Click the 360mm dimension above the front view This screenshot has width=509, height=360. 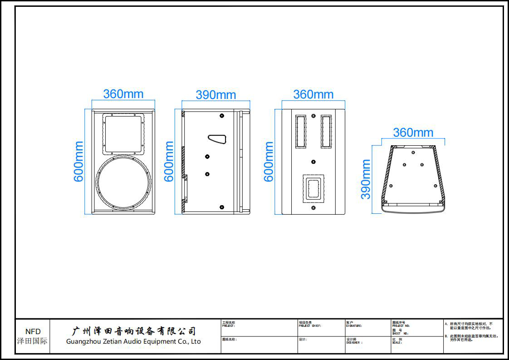click(123, 94)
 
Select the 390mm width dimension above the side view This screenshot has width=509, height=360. click(215, 95)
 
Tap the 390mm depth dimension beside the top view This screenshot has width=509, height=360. click(366, 179)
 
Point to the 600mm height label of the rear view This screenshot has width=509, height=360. click(269, 162)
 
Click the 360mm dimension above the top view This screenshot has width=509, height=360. click(413, 133)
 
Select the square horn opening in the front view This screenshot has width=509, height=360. click(123, 133)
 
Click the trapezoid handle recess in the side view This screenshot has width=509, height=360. click(218, 138)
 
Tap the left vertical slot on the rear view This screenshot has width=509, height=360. click(301, 131)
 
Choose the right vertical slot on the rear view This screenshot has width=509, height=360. click(326, 131)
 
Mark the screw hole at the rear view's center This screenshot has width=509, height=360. click(313, 161)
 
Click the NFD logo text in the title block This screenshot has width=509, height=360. click(33, 331)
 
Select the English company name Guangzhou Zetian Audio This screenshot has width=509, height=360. click(133, 341)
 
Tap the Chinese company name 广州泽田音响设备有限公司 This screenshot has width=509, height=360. click(134, 331)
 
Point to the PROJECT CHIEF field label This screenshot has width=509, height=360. click(310, 325)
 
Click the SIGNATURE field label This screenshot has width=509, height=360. click(354, 325)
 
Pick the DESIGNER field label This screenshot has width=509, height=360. click(354, 343)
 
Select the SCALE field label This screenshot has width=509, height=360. click(397, 343)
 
